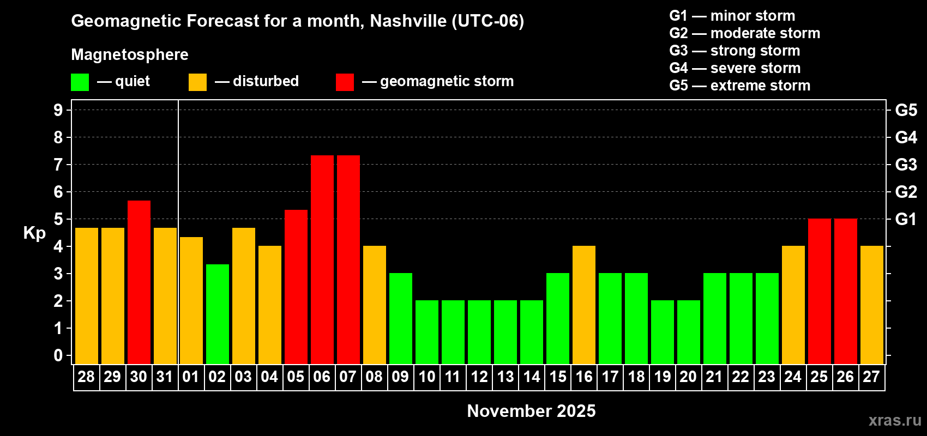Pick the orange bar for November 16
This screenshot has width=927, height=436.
[x=584, y=305]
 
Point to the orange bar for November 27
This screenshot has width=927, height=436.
[x=872, y=305]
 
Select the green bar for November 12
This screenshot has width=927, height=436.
[x=479, y=332]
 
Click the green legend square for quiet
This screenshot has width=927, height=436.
[x=80, y=82]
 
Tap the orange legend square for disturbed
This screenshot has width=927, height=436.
[x=197, y=82]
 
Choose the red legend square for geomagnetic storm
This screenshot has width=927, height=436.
[x=345, y=82]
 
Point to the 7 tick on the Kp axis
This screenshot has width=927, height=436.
[x=58, y=165]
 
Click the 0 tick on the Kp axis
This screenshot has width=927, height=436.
[x=58, y=355]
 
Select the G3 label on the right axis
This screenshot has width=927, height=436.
[x=906, y=165]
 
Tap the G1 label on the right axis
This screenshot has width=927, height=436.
[x=906, y=219]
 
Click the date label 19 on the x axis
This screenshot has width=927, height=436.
[x=663, y=377]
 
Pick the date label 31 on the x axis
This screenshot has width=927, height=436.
[x=165, y=377]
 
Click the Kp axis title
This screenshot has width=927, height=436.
[x=34, y=233]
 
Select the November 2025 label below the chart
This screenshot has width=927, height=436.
[x=531, y=411]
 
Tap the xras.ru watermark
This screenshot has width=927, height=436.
[x=895, y=420]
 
